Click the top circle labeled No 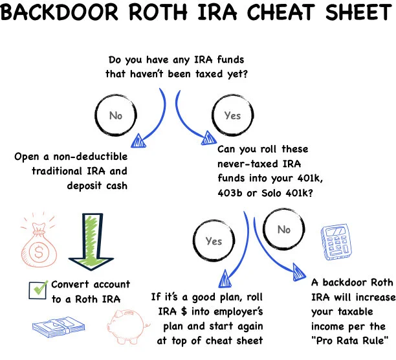116,116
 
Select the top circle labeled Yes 232,116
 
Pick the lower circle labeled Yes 214,241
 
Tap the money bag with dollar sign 33,247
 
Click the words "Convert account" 91,284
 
